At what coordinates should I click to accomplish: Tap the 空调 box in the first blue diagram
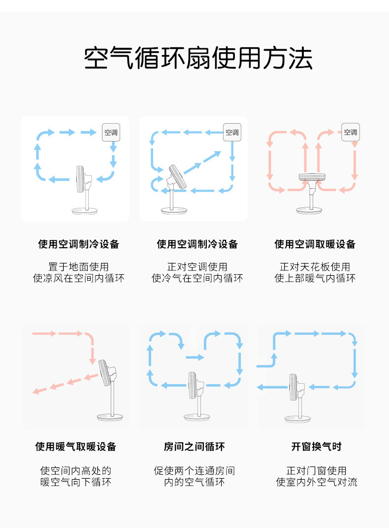[x=111, y=132]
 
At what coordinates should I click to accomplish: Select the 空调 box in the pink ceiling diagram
[x=351, y=132]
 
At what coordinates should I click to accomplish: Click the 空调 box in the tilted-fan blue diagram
[x=232, y=132]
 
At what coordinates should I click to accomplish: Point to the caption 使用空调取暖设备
[x=315, y=244]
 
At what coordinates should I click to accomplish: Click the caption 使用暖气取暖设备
[x=76, y=447]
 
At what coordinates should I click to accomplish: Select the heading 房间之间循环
[x=194, y=447]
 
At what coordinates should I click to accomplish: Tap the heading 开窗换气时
[x=316, y=447]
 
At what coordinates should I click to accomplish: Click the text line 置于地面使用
[x=78, y=267]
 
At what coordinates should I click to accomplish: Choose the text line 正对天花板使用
[x=315, y=267]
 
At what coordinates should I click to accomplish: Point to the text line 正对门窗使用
[x=316, y=470]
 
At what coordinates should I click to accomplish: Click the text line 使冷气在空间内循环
[x=197, y=278]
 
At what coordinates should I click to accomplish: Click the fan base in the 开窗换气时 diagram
[x=299, y=418]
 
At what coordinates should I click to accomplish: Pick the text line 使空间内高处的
[x=76, y=470]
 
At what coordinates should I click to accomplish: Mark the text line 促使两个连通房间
[x=194, y=470]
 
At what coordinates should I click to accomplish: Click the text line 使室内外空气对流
[x=316, y=482]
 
